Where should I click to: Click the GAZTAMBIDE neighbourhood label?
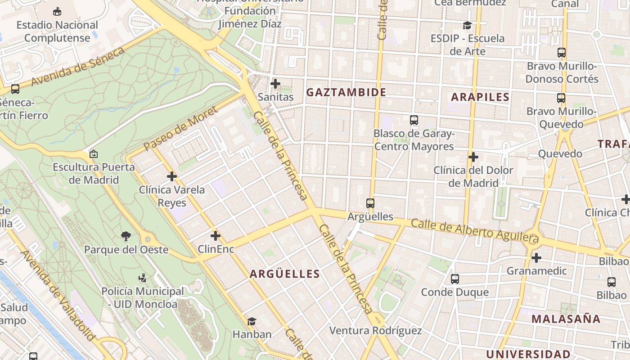coord(346,92)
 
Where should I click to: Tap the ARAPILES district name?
coord(480,97)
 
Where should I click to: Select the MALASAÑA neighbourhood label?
coord(566,319)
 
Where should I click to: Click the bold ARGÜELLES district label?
coord(285,274)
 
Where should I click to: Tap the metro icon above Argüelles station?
coord(370,203)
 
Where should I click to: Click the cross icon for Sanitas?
coord(275,84)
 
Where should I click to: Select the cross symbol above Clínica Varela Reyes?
coord(171,176)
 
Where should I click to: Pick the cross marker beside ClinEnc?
coord(216,235)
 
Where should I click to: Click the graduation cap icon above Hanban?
coord(252,321)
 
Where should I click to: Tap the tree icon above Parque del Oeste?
coord(126,236)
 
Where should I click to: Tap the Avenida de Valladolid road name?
coord(58,295)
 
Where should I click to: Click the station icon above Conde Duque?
coord(454,279)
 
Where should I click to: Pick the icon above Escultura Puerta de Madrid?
coord(94,154)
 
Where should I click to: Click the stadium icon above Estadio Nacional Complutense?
coord(57,11)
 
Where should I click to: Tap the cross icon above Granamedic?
coord(536,258)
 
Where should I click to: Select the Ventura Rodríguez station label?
coord(375,331)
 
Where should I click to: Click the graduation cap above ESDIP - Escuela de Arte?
coord(467,25)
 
